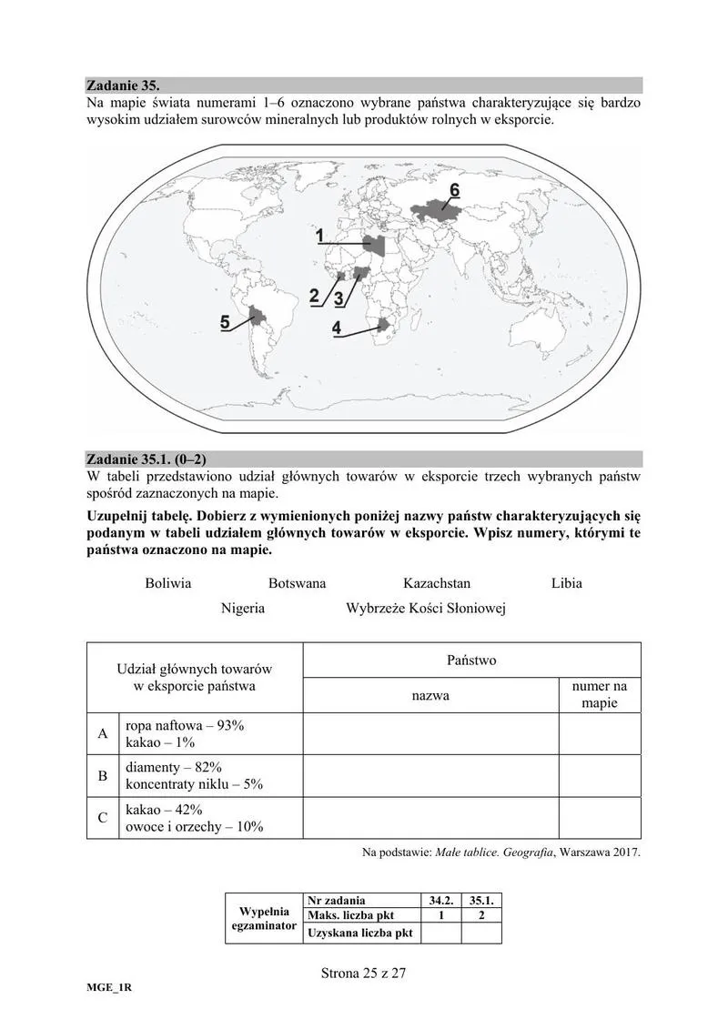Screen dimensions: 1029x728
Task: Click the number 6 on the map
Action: click(455, 189)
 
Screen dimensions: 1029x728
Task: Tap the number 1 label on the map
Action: click(321, 236)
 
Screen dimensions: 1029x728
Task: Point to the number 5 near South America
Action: click(225, 322)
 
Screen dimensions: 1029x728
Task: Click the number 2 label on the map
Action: click(315, 295)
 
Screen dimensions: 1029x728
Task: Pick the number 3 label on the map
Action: click(339, 298)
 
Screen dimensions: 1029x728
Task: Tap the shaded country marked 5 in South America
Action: click(258, 317)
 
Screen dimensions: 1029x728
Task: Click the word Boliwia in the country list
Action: click(168, 583)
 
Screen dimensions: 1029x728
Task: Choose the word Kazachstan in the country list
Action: click(437, 583)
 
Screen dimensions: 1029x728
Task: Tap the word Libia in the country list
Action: click(566, 583)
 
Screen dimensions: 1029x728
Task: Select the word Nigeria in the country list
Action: click(243, 608)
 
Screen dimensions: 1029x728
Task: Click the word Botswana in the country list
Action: click(297, 583)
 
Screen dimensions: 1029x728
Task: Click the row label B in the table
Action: click(103, 776)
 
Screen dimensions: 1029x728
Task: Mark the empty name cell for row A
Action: click(430, 733)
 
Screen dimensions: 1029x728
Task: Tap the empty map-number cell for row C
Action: click(599, 818)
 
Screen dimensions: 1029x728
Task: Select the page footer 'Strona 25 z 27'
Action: click(363, 973)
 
